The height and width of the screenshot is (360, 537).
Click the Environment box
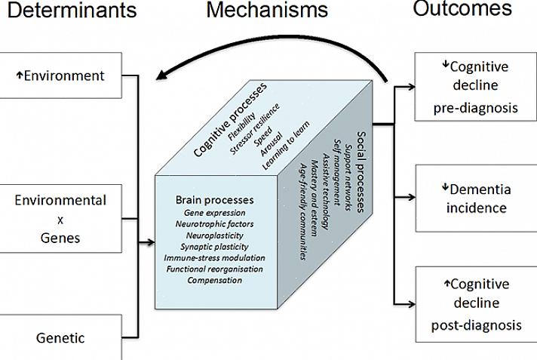(x=60, y=75)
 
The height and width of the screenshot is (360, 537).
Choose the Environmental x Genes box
(x=60, y=219)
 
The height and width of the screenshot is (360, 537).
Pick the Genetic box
(x=60, y=337)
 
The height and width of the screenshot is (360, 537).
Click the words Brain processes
(x=214, y=200)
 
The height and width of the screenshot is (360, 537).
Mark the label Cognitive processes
(x=229, y=119)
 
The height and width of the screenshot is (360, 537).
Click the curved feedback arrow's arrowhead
(x=160, y=73)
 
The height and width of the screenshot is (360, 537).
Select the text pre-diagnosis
(x=475, y=108)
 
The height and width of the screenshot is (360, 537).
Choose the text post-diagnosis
(x=476, y=325)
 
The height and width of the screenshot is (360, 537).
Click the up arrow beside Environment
(x=17, y=75)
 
